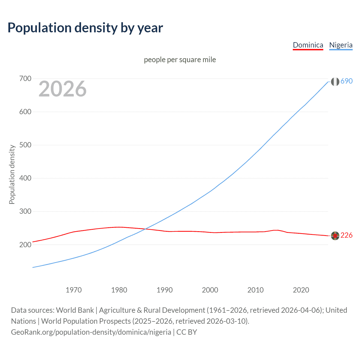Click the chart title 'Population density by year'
(x=85, y=28)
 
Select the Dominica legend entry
(x=308, y=45)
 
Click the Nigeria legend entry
(x=341, y=45)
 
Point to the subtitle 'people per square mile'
(x=180, y=60)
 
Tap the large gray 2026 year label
(x=62, y=89)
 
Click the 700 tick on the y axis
(x=25, y=78)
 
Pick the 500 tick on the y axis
(x=25, y=145)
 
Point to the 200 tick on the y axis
(x=25, y=245)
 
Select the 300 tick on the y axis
(x=25, y=211)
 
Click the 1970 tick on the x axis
(x=74, y=290)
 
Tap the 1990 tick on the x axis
(x=165, y=290)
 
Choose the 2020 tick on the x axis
(x=301, y=290)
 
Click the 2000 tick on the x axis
(x=210, y=290)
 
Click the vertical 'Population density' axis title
(x=12, y=174)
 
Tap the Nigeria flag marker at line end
(x=335, y=82)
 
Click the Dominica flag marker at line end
(x=335, y=236)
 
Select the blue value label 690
(x=346, y=81)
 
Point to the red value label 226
(x=346, y=235)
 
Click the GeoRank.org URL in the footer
(x=91, y=332)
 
